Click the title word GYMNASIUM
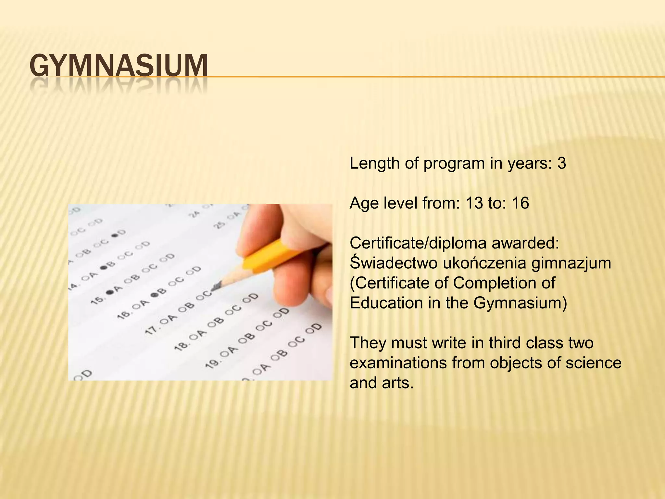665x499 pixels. coord(119,66)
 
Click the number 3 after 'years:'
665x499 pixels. coord(561,163)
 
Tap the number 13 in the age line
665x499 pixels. coord(474,203)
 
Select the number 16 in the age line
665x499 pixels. coord(520,203)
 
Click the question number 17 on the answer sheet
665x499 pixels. coord(151,329)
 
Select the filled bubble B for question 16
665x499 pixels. coord(155,295)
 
